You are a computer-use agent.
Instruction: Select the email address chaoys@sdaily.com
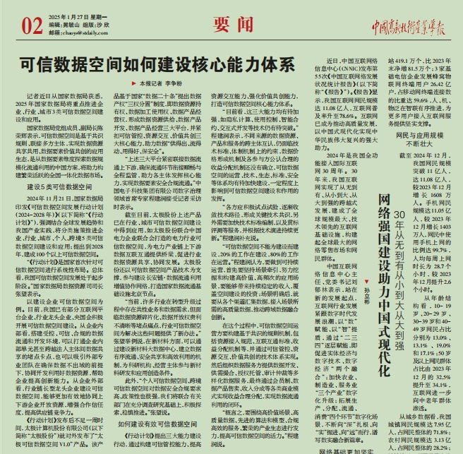(x=79, y=32)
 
